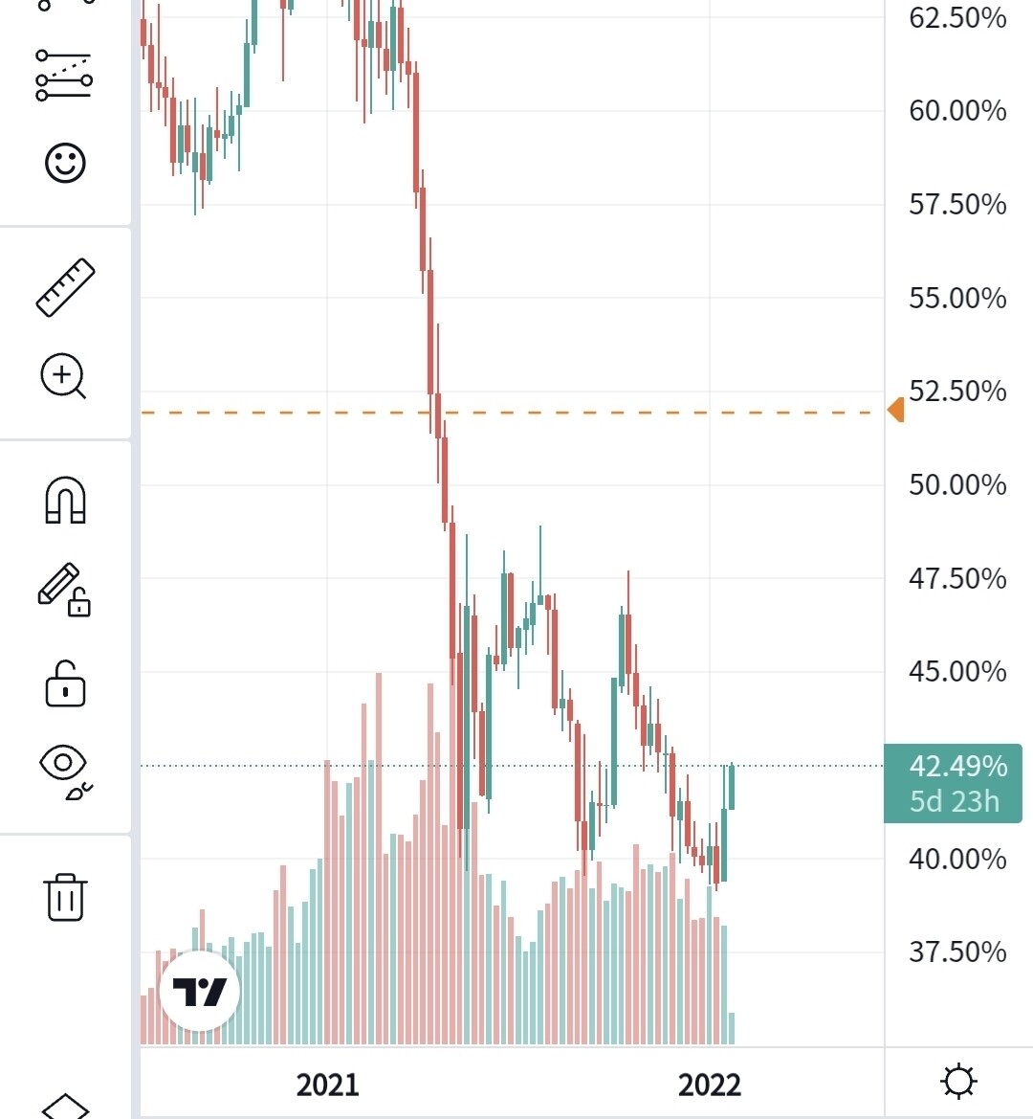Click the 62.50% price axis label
pyautogui.click(x=956, y=18)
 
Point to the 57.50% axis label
pyautogui.click(x=956, y=204)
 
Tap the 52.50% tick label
pyautogui.click(x=956, y=391)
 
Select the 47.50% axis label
pyautogui.click(x=956, y=578)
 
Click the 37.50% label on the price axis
pyautogui.click(x=956, y=951)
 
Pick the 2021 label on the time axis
pyautogui.click(x=327, y=1085)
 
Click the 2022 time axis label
pyautogui.click(x=709, y=1085)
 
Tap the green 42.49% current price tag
pyautogui.click(x=953, y=783)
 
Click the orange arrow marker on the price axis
pyautogui.click(x=895, y=411)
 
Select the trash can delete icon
pyautogui.click(x=65, y=896)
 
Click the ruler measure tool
pyautogui.click(x=65, y=287)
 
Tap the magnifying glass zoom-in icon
pyautogui.click(x=64, y=375)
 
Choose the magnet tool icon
pyautogui.click(x=65, y=501)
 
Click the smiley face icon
pyautogui.click(x=65, y=163)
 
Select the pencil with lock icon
pyautogui.click(x=63, y=590)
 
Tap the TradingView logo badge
pyautogui.click(x=200, y=991)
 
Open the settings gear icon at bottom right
pyautogui.click(x=958, y=1082)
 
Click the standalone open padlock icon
pyautogui.click(x=65, y=683)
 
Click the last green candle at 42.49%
pyautogui.click(x=732, y=787)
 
